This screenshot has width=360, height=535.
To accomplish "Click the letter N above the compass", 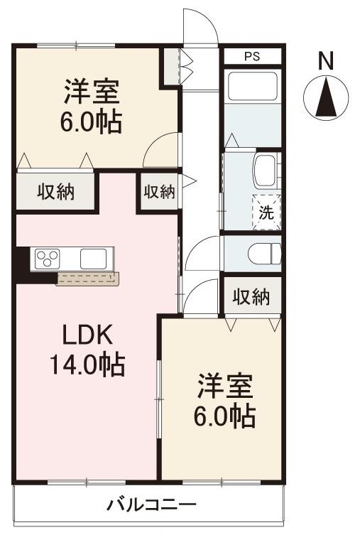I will (325, 63).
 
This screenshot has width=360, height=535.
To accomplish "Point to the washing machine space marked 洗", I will (266, 211).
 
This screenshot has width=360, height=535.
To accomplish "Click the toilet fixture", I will (266, 253).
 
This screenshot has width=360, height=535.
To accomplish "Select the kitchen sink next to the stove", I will (92, 258).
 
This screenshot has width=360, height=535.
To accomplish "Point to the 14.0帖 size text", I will (87, 365).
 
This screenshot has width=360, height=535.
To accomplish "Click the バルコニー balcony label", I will (151, 505).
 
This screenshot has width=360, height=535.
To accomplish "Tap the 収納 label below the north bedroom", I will (55, 193).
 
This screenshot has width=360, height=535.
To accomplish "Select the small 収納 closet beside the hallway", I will (159, 192).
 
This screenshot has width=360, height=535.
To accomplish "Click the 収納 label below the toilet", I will (252, 296).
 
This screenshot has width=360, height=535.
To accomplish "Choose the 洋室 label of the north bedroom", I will (91, 92).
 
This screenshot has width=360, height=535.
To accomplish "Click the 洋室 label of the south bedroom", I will (224, 388).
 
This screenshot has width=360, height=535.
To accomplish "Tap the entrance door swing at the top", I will (199, 25).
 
